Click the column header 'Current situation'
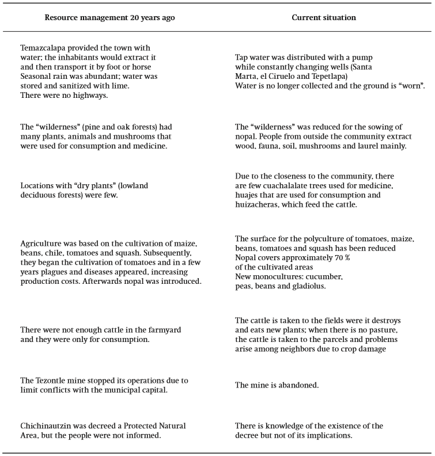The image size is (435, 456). tap(323, 18)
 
